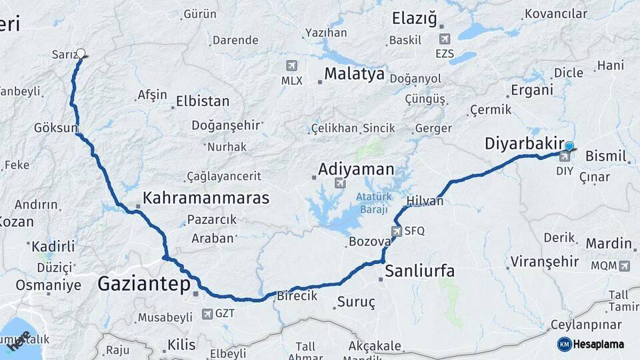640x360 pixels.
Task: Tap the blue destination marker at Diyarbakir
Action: tap(569, 146)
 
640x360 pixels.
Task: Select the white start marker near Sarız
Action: tap(81, 53)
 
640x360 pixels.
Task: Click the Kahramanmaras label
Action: tap(206, 198)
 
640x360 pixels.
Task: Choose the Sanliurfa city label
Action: tap(420, 271)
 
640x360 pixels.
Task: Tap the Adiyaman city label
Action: tap(356, 169)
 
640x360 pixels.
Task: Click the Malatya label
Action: tap(354, 73)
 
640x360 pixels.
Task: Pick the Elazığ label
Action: tap(414, 19)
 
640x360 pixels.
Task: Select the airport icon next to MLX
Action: tap(291, 65)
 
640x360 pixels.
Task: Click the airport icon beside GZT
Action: tap(205, 313)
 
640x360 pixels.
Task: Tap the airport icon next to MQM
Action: tap(624, 266)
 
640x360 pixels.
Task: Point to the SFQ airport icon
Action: tap(398, 231)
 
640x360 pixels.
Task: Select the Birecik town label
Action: tap(297, 295)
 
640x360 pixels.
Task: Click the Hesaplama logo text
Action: tap(599, 344)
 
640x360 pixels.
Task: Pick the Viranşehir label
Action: tap(545, 261)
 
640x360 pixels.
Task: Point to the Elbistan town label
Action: tap(203, 102)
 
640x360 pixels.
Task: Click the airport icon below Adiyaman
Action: tap(340, 183)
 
